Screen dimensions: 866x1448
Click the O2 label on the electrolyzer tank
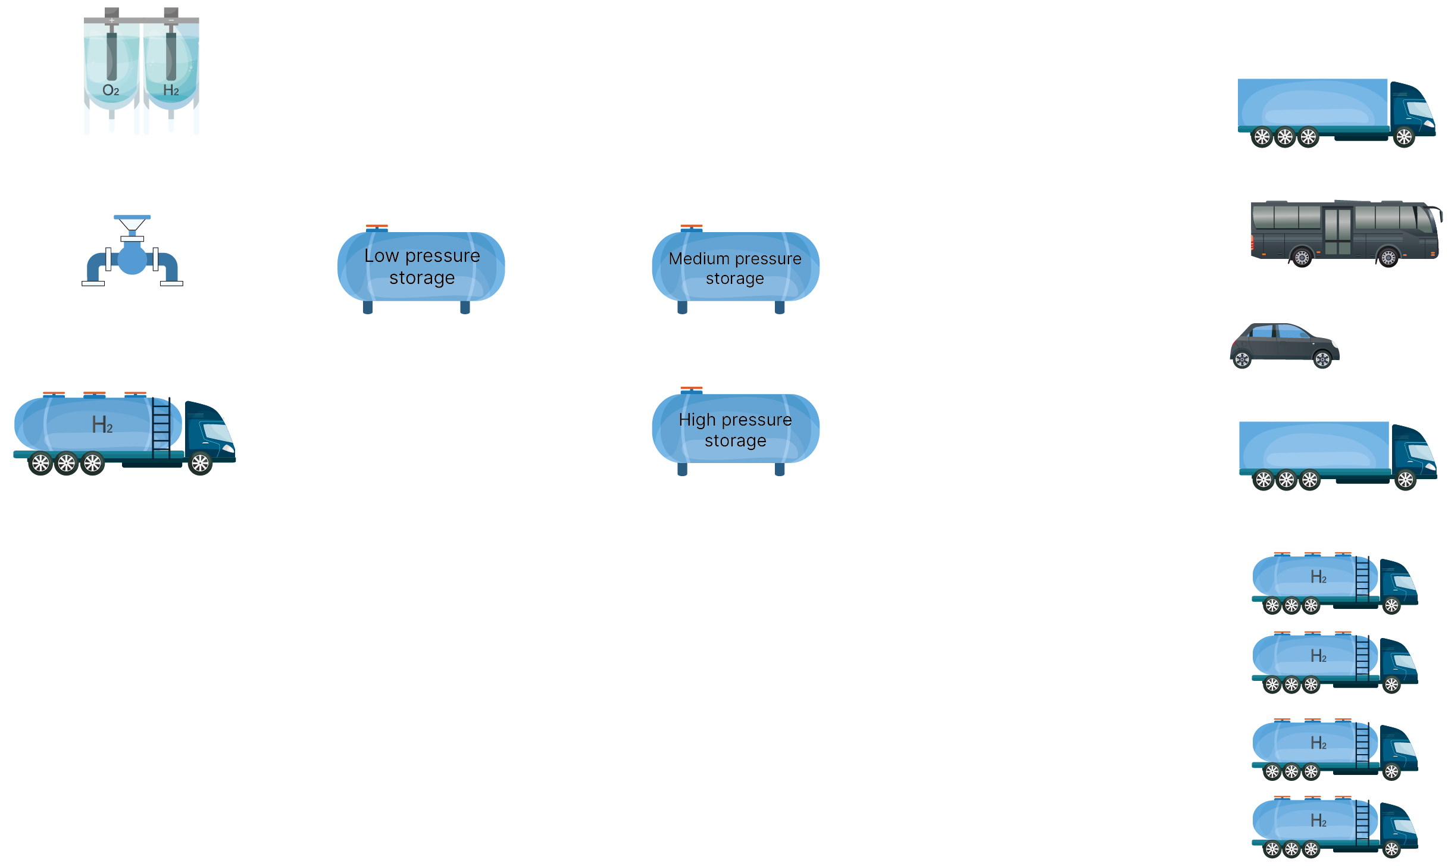click(111, 90)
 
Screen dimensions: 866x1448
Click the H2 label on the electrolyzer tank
click(171, 90)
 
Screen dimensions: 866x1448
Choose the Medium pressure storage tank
click(736, 268)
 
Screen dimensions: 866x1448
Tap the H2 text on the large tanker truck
click(102, 425)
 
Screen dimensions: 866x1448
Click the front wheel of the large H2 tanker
click(201, 463)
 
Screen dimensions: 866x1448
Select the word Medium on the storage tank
click(699, 259)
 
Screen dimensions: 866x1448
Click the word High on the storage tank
click(697, 420)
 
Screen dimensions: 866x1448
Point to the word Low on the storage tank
click(381, 256)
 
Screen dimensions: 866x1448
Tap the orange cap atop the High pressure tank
click(692, 388)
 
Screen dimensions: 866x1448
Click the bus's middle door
click(1337, 232)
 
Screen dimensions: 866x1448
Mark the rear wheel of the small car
click(1242, 359)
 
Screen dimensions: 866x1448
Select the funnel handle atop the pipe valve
click(132, 218)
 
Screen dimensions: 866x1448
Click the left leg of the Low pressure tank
click(368, 307)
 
